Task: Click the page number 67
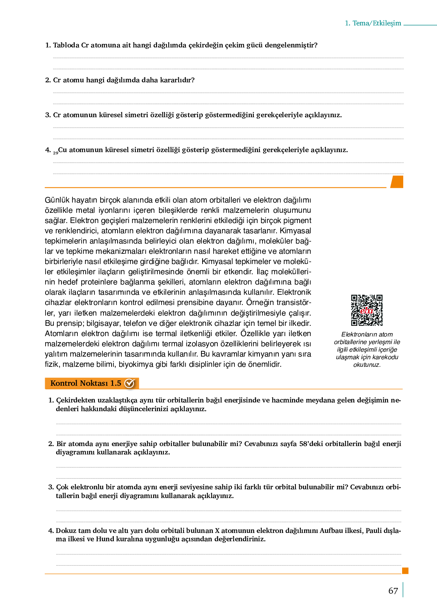(x=393, y=591)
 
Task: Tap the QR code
(x=366, y=310)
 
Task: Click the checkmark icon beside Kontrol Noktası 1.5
(x=130, y=383)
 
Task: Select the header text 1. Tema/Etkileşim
(x=373, y=23)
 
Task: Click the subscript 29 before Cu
(x=55, y=153)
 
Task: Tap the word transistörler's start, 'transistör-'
(x=294, y=303)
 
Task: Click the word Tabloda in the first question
(x=66, y=45)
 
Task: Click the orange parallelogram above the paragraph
(x=397, y=182)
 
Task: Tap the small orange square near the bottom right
(x=405, y=570)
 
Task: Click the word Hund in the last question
(x=104, y=539)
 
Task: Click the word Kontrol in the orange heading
(x=63, y=383)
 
